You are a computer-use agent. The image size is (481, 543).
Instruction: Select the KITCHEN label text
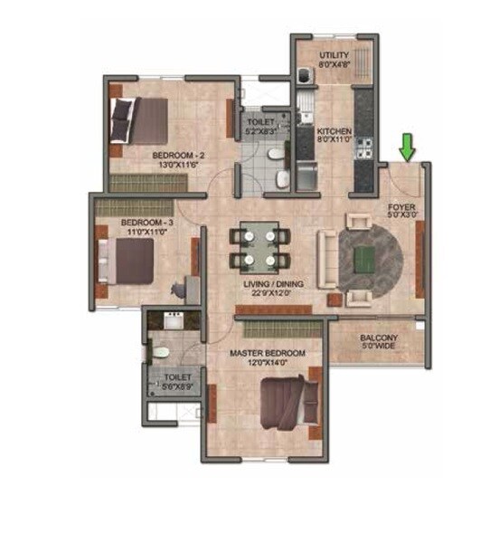point(333,132)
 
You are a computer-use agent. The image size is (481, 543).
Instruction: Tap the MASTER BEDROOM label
point(267,352)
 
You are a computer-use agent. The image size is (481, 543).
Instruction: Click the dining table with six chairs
point(259,247)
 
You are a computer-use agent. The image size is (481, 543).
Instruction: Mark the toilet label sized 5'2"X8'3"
point(255,132)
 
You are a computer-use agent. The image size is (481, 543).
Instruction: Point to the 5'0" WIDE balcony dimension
point(379,345)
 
